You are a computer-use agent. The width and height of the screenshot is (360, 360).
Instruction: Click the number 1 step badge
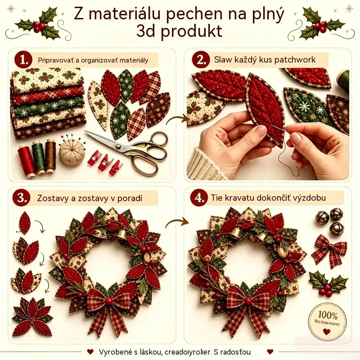(23, 60)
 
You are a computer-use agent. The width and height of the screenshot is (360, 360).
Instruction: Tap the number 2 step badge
(201, 60)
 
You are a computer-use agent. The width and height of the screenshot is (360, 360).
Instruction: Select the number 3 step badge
(21, 198)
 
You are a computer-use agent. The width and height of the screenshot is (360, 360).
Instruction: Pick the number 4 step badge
(199, 198)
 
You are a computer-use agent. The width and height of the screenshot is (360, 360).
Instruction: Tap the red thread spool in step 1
(26, 161)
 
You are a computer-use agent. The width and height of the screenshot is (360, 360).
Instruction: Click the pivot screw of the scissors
(118, 147)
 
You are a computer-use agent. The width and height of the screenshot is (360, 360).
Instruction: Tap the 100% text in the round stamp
(328, 315)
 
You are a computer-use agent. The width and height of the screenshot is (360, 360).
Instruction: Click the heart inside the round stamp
(327, 332)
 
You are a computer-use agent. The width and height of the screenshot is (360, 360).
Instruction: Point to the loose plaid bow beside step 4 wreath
(329, 251)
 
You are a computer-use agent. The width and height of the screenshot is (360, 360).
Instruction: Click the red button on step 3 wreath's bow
(109, 301)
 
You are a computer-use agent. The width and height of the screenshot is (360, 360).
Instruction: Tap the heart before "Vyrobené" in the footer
(90, 351)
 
